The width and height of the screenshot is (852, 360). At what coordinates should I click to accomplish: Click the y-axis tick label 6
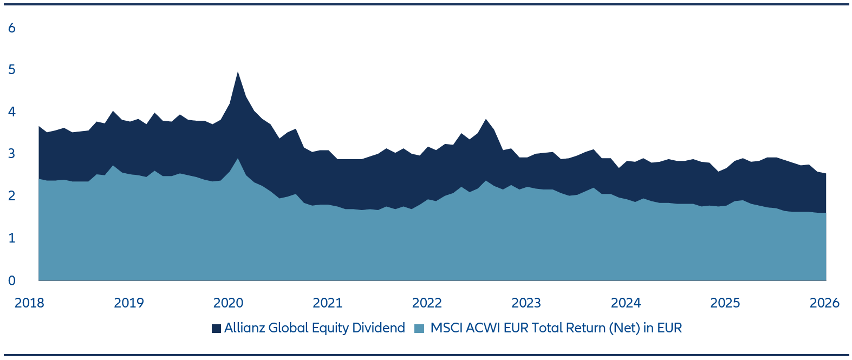coord(12,28)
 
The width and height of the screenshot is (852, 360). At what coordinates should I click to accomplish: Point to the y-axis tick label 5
coord(12,70)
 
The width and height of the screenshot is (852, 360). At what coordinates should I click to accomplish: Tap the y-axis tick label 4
coord(12,112)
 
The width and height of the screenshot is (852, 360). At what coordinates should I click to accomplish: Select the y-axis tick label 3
coord(12,154)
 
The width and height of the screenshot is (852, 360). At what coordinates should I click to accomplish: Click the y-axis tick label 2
coord(12,196)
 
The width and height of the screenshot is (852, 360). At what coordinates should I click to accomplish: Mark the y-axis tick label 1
coord(12,238)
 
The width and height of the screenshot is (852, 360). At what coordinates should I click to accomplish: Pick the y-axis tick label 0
coord(12,280)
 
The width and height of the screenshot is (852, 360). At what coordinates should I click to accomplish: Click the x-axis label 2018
coord(29,303)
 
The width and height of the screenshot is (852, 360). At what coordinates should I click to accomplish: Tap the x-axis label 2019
coord(129,303)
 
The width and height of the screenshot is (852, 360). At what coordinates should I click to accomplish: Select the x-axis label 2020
coord(228,303)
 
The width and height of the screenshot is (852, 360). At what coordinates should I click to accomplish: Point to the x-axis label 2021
coord(328,303)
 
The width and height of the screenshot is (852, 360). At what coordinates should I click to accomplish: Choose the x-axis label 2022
coord(427,303)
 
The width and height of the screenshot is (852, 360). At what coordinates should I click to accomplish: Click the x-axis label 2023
coord(526,303)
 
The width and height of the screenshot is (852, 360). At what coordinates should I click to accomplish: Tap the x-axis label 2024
coord(626,303)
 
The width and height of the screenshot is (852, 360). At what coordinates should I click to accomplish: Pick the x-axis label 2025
coord(725,303)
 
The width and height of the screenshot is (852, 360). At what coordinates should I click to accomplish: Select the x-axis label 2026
coord(824,303)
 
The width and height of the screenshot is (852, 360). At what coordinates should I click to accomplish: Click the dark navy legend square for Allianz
coord(217,329)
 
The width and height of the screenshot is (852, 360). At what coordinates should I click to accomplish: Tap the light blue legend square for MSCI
coord(419,329)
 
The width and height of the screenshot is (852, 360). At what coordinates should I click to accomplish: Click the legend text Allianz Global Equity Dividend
coord(314,328)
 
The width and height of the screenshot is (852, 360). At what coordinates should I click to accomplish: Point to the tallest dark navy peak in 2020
coord(238,74)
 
